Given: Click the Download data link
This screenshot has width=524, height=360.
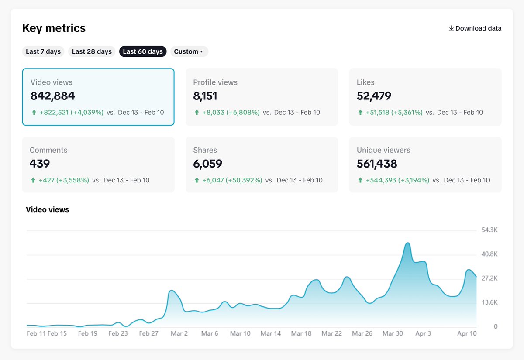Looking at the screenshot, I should (x=475, y=28).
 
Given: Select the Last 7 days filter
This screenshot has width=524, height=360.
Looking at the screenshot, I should (x=43, y=51).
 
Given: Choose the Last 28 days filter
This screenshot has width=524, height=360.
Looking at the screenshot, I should (x=92, y=51).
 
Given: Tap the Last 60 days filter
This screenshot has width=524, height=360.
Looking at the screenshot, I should (x=143, y=51).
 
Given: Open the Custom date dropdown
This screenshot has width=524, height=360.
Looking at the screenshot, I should (x=189, y=51).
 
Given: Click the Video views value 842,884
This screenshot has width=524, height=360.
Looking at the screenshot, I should (x=53, y=96).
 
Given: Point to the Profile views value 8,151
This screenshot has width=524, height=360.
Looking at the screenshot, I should (x=205, y=96).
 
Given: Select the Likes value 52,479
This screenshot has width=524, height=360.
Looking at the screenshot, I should (x=374, y=96).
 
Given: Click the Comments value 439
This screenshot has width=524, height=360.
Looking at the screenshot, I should (x=40, y=164).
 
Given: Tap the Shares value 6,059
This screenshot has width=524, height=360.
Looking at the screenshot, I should (x=207, y=164).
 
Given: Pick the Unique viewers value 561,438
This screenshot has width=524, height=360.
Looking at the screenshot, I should (x=377, y=164).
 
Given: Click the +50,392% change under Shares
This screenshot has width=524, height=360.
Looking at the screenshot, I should (x=244, y=180).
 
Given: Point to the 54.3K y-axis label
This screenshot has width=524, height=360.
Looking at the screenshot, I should (x=489, y=230).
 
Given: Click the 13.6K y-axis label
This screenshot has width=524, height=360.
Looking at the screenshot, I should (x=489, y=302).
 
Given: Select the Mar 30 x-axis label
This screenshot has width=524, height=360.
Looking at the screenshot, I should (x=393, y=333).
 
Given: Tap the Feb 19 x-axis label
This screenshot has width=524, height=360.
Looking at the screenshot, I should (x=87, y=333).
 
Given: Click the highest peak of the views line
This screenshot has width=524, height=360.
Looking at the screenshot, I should (x=407, y=243).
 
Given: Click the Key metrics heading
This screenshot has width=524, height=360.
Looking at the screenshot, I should (x=54, y=28).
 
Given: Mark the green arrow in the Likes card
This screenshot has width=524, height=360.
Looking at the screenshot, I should (x=360, y=113).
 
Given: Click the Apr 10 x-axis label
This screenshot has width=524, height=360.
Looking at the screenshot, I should (x=467, y=333).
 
